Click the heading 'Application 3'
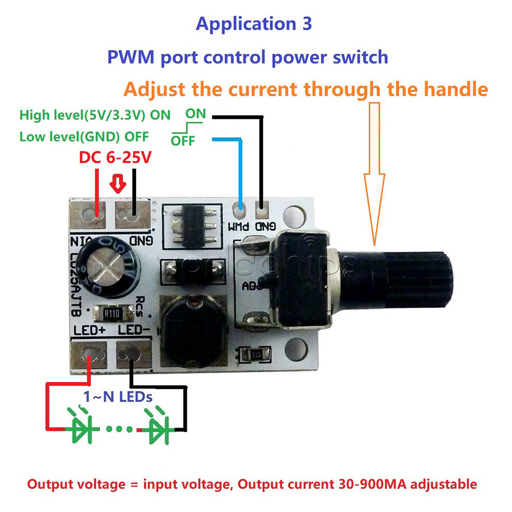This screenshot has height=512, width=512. coord(253,24)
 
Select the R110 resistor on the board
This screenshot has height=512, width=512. coord(111,312)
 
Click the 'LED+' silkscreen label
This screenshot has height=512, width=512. coord(90,330)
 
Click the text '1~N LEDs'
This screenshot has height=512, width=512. coord(118,396)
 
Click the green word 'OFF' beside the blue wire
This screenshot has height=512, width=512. coord(183,140)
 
